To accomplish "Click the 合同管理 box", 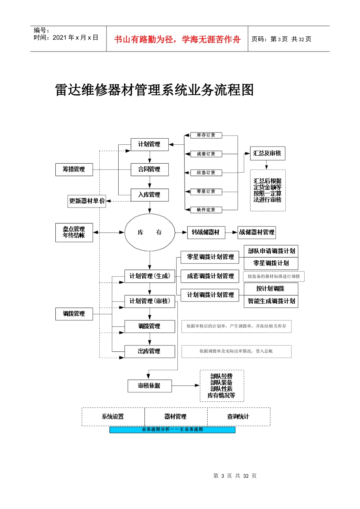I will pos(149,169).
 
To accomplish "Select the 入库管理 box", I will pos(149,195).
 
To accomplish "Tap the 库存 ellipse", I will pos(150,233).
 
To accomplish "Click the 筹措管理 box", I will pos(74,169).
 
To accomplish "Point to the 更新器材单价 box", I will pos(87,201).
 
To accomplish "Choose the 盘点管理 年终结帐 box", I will pos(74,233).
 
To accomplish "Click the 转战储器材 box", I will pos(206,233).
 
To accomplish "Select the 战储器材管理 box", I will pos(257,233).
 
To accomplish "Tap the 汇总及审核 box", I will pos(267,153).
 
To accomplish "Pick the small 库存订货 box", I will pos(206,135).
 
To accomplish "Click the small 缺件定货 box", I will pos(206,210).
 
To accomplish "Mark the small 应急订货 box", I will pos(206,173).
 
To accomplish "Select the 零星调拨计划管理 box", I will pos(210,257).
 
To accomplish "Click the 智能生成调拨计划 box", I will pos(271,301).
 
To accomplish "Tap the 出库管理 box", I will pos(149,351).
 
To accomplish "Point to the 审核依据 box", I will pos(149,386).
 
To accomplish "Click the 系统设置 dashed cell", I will pos(113,417).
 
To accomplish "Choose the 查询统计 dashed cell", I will pos(238,417).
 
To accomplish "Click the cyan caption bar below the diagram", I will pos(172,430).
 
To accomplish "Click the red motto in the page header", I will pos(177,39).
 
